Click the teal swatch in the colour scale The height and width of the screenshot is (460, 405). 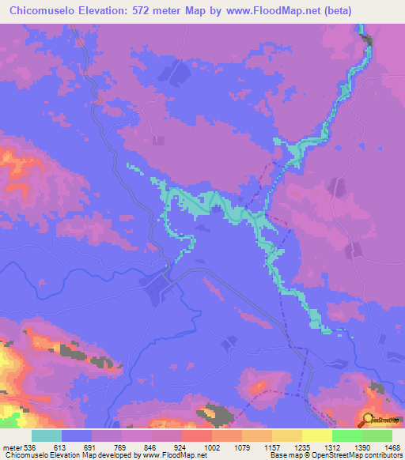47,435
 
